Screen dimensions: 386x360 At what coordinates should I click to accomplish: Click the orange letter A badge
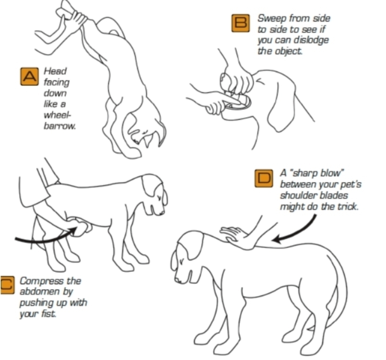[x=29, y=77]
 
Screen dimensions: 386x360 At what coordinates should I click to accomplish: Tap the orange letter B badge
[x=240, y=23]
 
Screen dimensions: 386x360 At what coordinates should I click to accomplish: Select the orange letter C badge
[x=7, y=285]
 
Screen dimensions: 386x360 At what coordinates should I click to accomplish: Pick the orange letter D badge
[x=264, y=178]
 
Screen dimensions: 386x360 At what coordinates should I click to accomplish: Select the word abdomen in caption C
[x=40, y=292]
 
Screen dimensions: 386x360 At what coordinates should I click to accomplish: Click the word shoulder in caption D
[x=298, y=195]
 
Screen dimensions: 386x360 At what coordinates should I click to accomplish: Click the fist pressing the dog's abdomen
[x=80, y=226]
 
